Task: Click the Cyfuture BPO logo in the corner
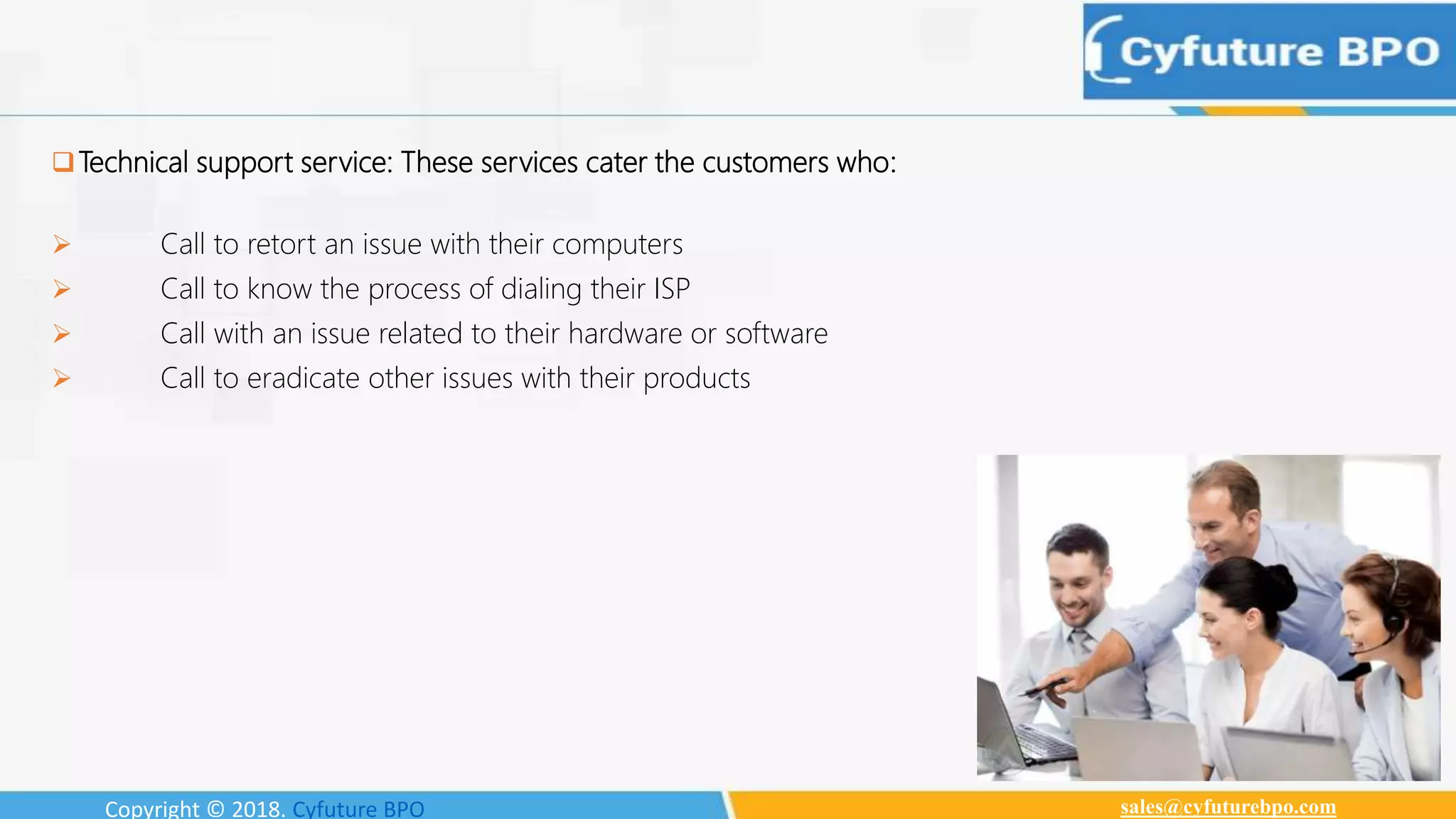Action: click(x=1268, y=52)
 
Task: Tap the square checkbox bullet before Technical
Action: click(x=63, y=162)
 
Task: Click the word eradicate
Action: click(x=303, y=378)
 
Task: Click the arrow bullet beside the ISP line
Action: click(x=62, y=289)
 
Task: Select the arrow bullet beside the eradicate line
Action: click(x=62, y=378)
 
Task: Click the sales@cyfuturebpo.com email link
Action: click(x=1228, y=807)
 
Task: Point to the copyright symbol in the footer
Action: click(x=215, y=809)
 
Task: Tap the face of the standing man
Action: click(x=1217, y=526)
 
